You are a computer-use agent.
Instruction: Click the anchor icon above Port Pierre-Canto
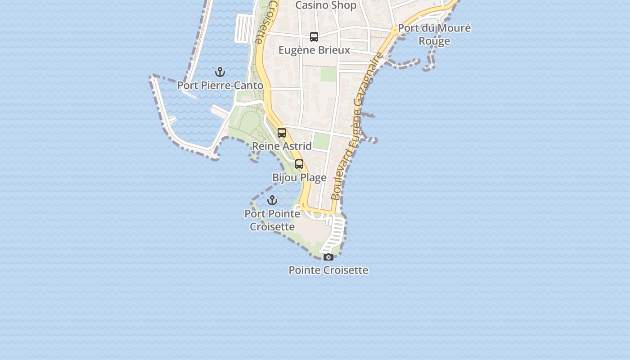coord(220,72)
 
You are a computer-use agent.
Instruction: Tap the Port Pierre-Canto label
coord(220,85)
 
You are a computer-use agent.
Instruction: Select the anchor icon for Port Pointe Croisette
coord(272,200)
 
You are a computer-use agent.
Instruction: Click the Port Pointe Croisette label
coord(272,220)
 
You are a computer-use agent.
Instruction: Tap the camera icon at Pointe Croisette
coord(328,257)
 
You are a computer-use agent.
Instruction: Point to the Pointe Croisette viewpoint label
coord(328,270)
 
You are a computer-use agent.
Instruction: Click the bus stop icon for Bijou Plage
coord(299,164)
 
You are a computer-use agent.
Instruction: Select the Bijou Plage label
coord(299,177)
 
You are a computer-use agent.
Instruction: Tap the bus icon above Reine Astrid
coord(282,133)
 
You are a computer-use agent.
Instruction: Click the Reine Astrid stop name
coord(282,146)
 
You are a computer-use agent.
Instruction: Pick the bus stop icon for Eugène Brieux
coord(314,37)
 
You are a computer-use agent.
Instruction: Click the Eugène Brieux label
coord(314,50)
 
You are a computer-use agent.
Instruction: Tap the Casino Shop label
coord(326,5)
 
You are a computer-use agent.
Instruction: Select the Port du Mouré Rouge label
coord(434,34)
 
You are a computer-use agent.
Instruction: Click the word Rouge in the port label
coord(434,41)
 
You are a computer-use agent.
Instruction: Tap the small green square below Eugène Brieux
coord(328,74)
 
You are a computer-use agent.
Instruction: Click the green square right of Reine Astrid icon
coord(321,141)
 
